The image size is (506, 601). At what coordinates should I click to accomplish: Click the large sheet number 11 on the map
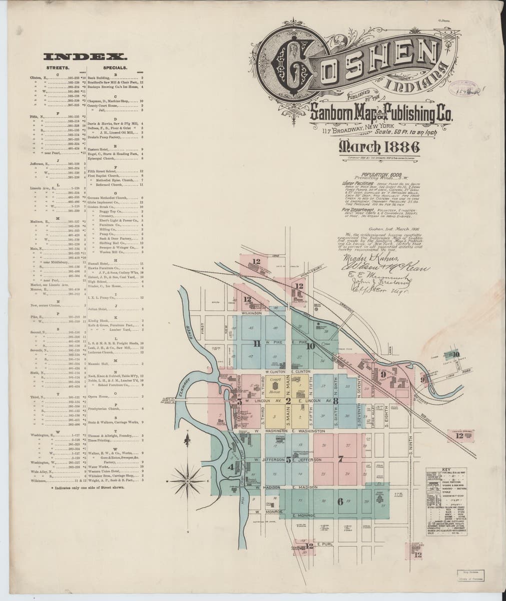tap(257, 344)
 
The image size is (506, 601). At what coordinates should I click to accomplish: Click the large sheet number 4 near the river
tap(231, 467)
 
